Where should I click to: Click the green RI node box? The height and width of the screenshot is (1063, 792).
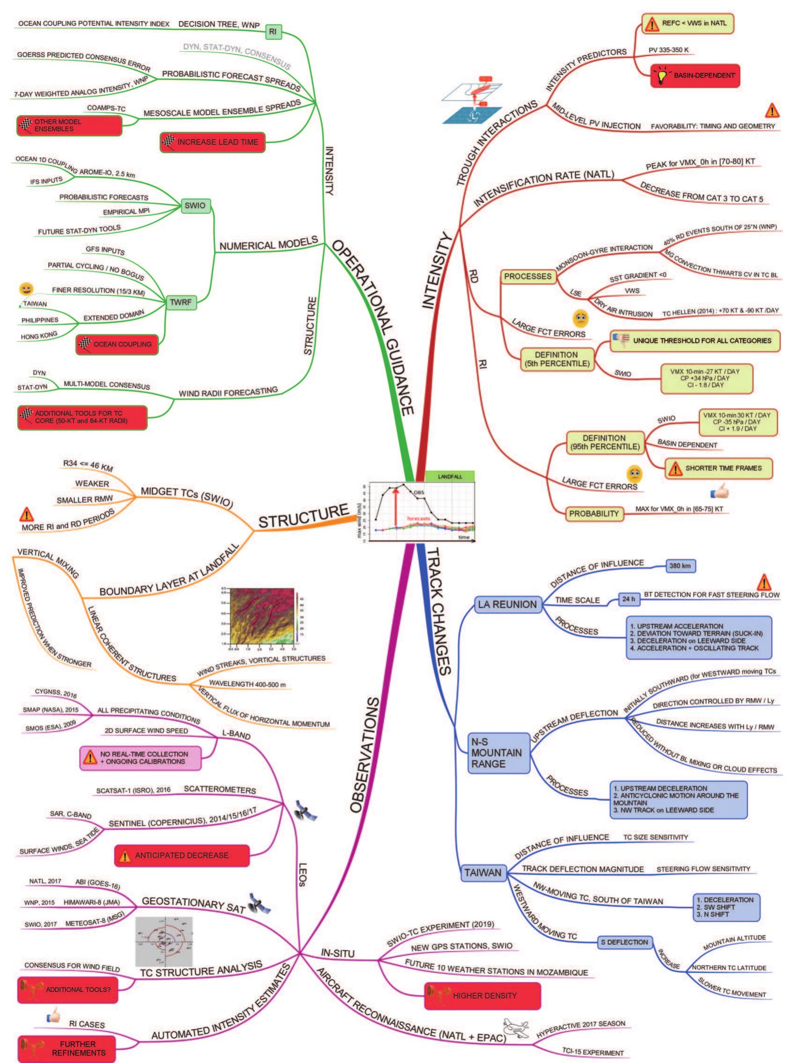point(273,32)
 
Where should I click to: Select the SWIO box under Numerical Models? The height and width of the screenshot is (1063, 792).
point(194,206)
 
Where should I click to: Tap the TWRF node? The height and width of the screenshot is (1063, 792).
point(181,303)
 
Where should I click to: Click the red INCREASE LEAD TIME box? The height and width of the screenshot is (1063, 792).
point(212,142)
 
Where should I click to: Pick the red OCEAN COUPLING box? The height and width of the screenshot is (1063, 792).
point(117,344)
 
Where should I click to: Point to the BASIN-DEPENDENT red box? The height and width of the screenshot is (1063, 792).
point(695,76)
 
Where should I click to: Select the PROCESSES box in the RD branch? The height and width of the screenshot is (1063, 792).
point(528,277)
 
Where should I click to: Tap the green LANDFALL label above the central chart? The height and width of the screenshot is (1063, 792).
point(450,477)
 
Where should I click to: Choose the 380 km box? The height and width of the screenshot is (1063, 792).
point(680,566)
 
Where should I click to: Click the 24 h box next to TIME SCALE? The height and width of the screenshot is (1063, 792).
point(628,599)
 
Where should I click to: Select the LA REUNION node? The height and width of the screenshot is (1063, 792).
point(507,604)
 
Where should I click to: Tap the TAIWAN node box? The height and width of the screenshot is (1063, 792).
point(483,873)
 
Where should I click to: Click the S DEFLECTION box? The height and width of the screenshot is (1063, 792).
point(624,942)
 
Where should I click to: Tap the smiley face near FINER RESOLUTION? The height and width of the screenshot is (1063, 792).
point(26,289)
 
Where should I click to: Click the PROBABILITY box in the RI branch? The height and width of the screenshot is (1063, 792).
point(593,514)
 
